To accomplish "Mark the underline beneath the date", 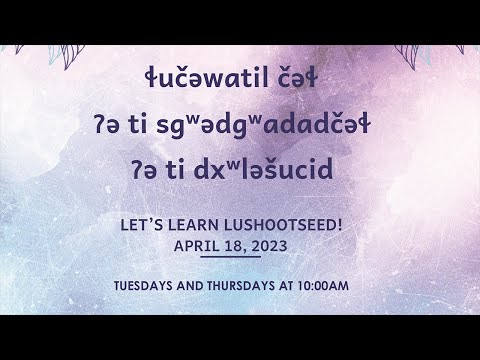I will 229,256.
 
